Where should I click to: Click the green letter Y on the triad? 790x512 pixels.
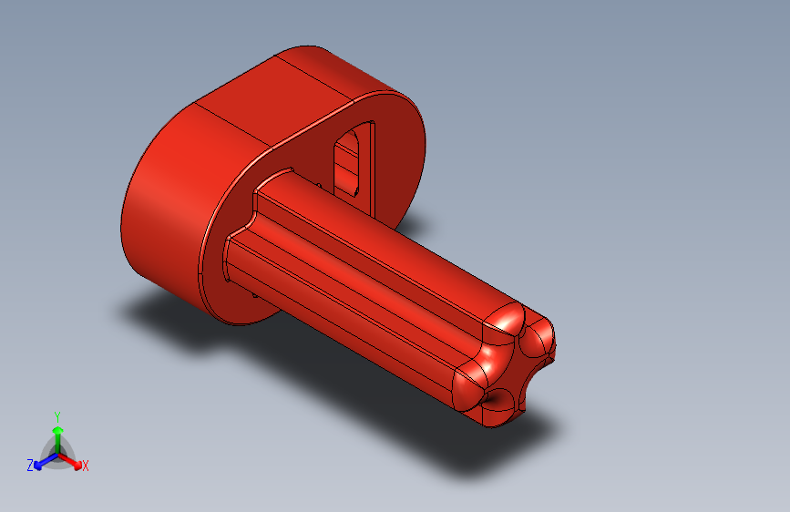[x=57, y=415]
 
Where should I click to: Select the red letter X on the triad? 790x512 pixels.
[x=86, y=466]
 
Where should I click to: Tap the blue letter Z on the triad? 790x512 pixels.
[x=29, y=465]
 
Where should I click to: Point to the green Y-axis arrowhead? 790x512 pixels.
[x=57, y=430]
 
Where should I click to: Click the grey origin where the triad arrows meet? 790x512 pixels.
[x=57, y=453]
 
